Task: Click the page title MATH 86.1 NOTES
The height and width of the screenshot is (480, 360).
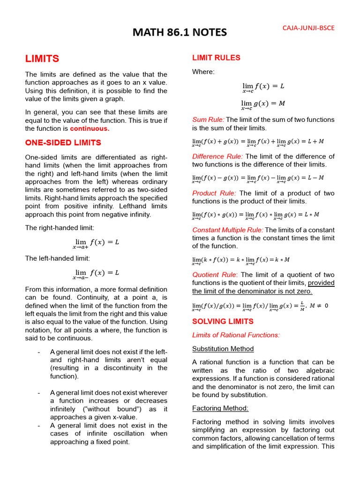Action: [x=180, y=32]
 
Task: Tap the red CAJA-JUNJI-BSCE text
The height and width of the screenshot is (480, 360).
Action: [x=308, y=28]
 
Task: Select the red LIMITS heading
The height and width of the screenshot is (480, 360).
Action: [x=42, y=59]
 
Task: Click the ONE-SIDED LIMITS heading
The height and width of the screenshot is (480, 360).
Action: [x=63, y=142]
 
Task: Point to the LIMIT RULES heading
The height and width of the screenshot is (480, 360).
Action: [x=216, y=58]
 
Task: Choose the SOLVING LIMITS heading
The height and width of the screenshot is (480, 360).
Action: [x=223, y=322]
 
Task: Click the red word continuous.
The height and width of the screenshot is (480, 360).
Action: [x=90, y=128]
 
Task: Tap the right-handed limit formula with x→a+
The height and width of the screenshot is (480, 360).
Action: [x=96, y=243]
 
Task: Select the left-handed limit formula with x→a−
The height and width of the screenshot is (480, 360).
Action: [x=96, y=273]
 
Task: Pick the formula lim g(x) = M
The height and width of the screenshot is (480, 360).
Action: [x=263, y=104]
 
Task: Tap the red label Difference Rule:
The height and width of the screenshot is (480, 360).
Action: [x=217, y=156]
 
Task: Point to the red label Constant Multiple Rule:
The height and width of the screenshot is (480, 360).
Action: [x=228, y=230]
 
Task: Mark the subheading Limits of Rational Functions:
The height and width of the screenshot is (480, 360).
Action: [x=236, y=335]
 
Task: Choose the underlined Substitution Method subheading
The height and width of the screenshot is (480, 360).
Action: [x=223, y=349]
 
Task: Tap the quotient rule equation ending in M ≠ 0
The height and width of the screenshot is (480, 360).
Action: [x=260, y=306]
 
